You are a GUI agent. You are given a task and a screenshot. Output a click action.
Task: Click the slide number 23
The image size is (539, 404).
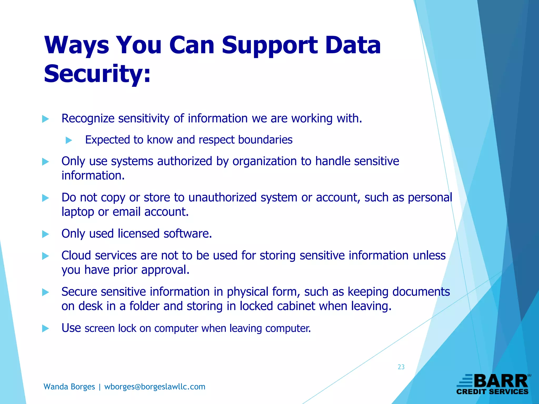pos(401,367)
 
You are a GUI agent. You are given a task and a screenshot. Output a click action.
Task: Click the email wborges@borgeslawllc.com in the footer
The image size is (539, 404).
pos(155,387)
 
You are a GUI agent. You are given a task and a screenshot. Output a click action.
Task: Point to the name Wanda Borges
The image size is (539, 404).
pos(69,387)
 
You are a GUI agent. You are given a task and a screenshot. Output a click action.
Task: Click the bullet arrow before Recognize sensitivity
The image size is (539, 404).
pos(46,119)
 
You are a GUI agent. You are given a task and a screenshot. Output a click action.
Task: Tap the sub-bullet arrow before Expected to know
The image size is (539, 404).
pos(69,140)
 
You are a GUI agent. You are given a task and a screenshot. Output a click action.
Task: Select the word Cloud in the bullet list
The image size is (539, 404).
pos(76,255)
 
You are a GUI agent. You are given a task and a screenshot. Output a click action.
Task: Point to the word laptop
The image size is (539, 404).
pos(78,212)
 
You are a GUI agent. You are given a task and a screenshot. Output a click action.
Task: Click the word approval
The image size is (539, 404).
pos(165,270)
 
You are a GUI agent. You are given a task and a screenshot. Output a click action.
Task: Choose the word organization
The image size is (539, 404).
pos(264,161)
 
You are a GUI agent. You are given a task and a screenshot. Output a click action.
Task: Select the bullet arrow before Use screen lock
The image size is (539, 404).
pos(46,329)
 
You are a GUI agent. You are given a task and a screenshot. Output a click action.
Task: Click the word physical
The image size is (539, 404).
pos(248,292)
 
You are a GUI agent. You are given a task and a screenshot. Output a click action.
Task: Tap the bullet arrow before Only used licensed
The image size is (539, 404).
pos(46,234)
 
